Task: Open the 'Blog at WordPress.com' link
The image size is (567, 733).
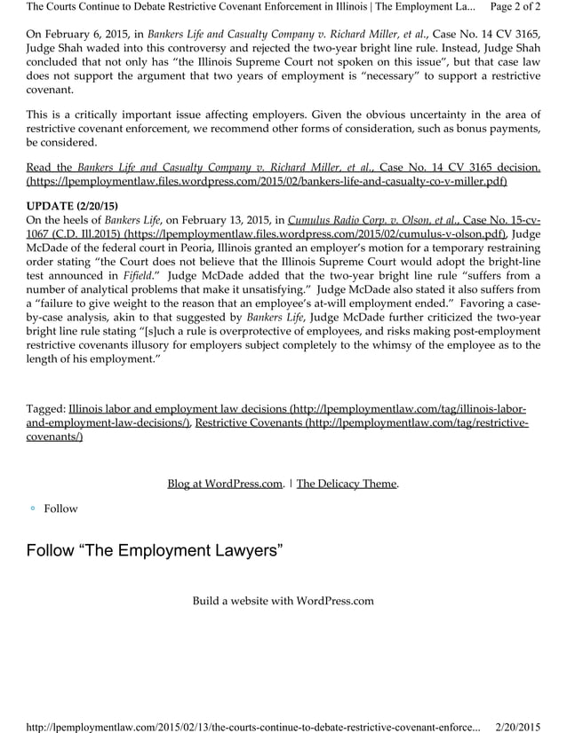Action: (225, 484)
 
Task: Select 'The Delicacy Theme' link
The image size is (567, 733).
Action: (347, 484)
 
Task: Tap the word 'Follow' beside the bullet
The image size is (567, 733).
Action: (61, 508)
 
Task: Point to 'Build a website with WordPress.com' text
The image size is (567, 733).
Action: (283, 601)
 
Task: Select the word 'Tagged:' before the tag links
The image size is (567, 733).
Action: (45, 409)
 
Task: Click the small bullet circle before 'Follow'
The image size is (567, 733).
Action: (32, 508)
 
